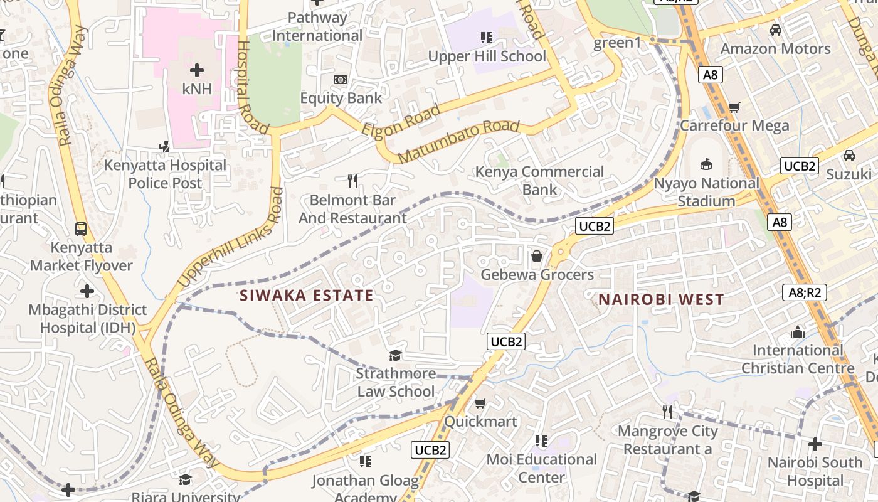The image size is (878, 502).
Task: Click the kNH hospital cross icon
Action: [197, 70]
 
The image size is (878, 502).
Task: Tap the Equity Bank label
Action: [341, 98]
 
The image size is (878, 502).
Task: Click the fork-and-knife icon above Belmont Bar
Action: [352, 181]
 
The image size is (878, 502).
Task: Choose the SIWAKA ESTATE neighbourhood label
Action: [307, 296]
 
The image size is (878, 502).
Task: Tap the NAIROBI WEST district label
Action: [661, 299]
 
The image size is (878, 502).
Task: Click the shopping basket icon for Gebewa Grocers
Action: [537, 256]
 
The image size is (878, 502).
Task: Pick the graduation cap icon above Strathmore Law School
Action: [395, 356]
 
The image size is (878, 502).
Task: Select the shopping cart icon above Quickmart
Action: [480, 403]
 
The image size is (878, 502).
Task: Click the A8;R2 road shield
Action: [805, 292]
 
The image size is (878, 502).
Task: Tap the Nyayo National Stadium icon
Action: [706, 164]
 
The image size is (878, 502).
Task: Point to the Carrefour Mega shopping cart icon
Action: [734, 107]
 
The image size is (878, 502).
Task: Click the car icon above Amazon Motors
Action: [775, 30]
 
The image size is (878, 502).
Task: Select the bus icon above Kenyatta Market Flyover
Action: [81, 228]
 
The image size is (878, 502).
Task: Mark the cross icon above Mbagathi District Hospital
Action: [87, 291]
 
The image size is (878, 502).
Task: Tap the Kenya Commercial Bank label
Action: [539, 180]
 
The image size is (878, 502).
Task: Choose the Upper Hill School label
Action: [487, 56]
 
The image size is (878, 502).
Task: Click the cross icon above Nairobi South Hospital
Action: [815, 444]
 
